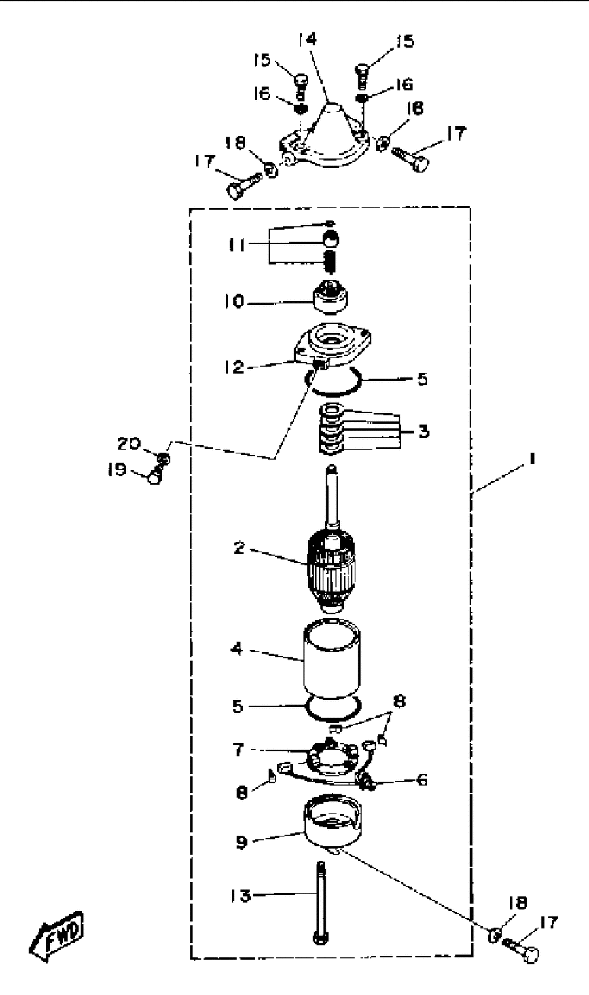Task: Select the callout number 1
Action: pos(531,459)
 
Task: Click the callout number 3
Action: pos(424,431)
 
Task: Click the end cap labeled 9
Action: pos(332,822)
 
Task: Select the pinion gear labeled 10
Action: pos(330,297)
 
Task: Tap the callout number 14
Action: pos(307,39)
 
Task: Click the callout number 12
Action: pos(234,367)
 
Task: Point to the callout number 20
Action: pos(129,443)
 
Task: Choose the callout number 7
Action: pos(238,749)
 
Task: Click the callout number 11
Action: pos(237,244)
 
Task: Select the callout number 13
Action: pos(241,895)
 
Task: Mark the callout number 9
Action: pos(242,841)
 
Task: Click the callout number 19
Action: pos(116,470)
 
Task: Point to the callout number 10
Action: pos(234,301)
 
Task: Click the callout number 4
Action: pos(238,650)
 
